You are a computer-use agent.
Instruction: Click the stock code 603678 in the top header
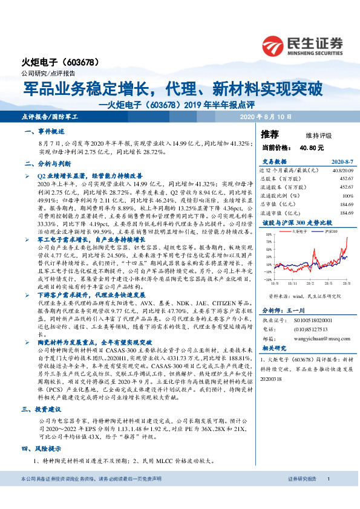pos(78,62)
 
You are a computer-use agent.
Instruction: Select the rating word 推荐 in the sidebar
pos(270,134)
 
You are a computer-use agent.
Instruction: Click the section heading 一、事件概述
pos(42,131)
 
